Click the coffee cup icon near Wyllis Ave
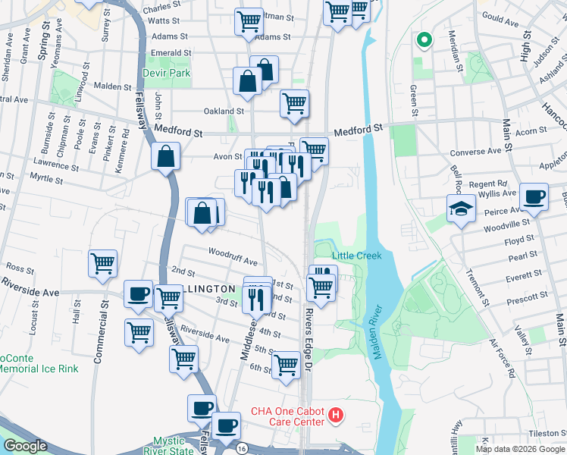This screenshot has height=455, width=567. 534,196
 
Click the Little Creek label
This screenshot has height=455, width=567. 356,256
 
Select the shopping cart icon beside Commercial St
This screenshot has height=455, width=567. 102,264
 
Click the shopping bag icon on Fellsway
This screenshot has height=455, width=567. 165,157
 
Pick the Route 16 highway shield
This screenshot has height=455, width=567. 239,447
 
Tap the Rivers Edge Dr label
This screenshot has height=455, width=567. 309,338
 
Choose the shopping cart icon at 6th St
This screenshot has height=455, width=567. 287,365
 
